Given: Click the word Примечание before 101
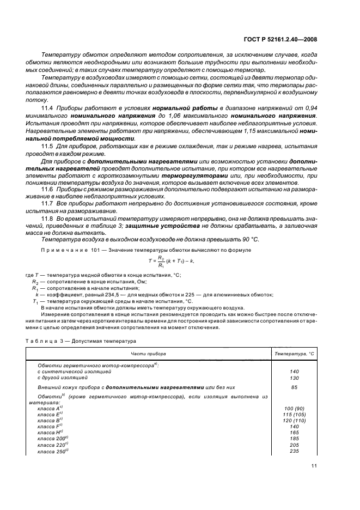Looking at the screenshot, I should point(57,250).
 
